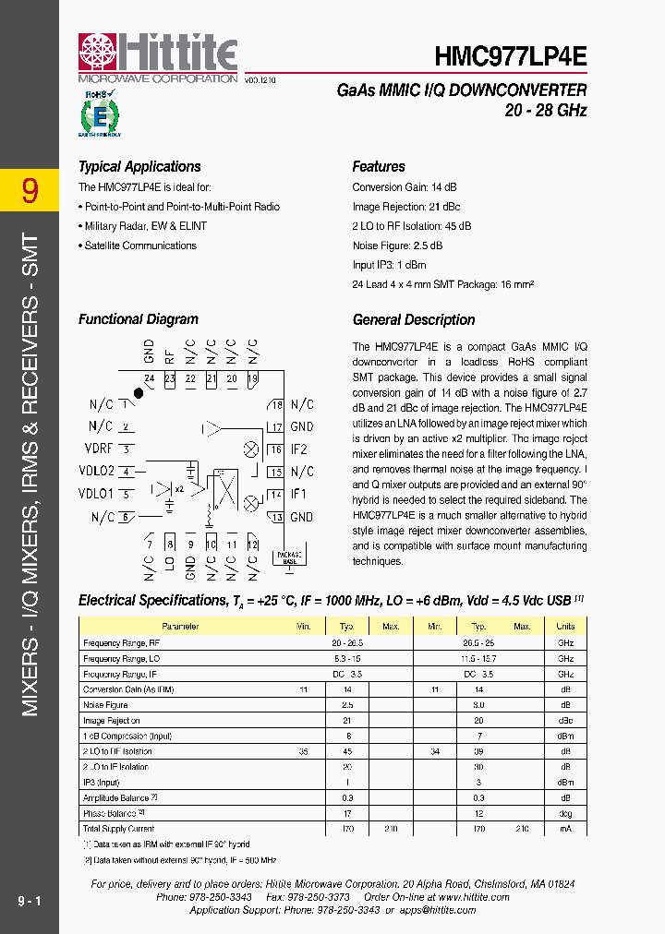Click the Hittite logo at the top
(x=157, y=54)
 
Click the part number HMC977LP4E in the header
(x=511, y=54)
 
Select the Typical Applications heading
(x=139, y=167)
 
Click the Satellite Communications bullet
(x=140, y=245)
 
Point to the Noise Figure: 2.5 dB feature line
(x=397, y=245)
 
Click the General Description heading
(x=414, y=320)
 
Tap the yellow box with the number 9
(x=30, y=191)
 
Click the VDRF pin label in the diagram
(x=99, y=449)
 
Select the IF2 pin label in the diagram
(x=299, y=449)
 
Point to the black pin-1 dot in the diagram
(x=139, y=393)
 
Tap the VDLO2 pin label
(x=96, y=472)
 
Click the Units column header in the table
(x=565, y=627)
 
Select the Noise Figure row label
(x=105, y=705)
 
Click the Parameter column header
(x=180, y=627)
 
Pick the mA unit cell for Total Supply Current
(x=565, y=830)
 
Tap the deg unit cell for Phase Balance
(x=565, y=814)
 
